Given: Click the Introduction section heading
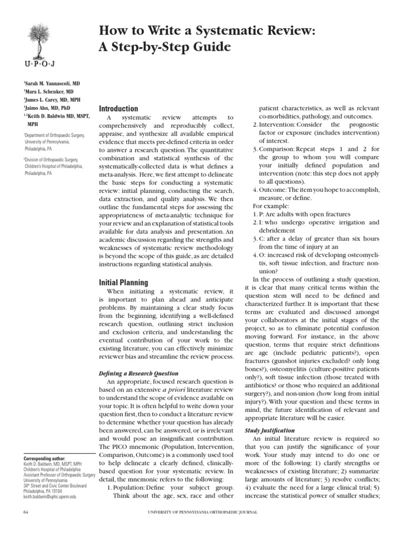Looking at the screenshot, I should point(119,108).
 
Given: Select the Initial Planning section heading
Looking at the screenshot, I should point(123,282).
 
